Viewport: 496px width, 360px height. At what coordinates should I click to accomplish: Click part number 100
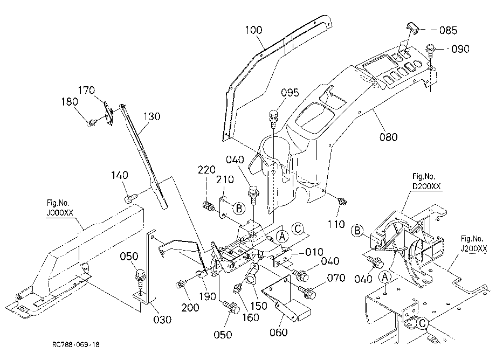pos(254,30)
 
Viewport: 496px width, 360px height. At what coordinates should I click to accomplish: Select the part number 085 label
pos(448,30)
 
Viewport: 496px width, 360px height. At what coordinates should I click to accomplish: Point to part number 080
pos(388,137)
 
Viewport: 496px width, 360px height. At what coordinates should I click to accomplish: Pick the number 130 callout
pos(152,116)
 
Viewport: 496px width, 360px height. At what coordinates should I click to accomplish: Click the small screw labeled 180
pos(91,122)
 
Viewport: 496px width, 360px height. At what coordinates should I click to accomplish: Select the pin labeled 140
pos(130,199)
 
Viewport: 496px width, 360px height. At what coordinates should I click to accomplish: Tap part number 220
pos(206,170)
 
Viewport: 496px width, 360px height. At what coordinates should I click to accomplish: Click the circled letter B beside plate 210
pos(239,208)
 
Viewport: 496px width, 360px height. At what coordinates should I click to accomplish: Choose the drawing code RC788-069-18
pos(76,344)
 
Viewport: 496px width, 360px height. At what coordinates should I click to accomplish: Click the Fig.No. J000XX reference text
pos(60,207)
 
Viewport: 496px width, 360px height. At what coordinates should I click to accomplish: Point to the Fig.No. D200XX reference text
pos(427,182)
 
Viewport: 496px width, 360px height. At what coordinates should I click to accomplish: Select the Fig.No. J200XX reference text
pos(473,244)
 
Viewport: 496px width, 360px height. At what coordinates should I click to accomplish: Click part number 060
pos(278,332)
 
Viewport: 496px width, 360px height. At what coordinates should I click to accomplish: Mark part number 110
pos(336,224)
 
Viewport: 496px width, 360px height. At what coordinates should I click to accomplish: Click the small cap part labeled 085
pos(412,27)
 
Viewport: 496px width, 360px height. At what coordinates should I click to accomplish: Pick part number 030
pos(162,320)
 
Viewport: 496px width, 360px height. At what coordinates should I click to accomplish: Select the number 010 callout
pos(314,252)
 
